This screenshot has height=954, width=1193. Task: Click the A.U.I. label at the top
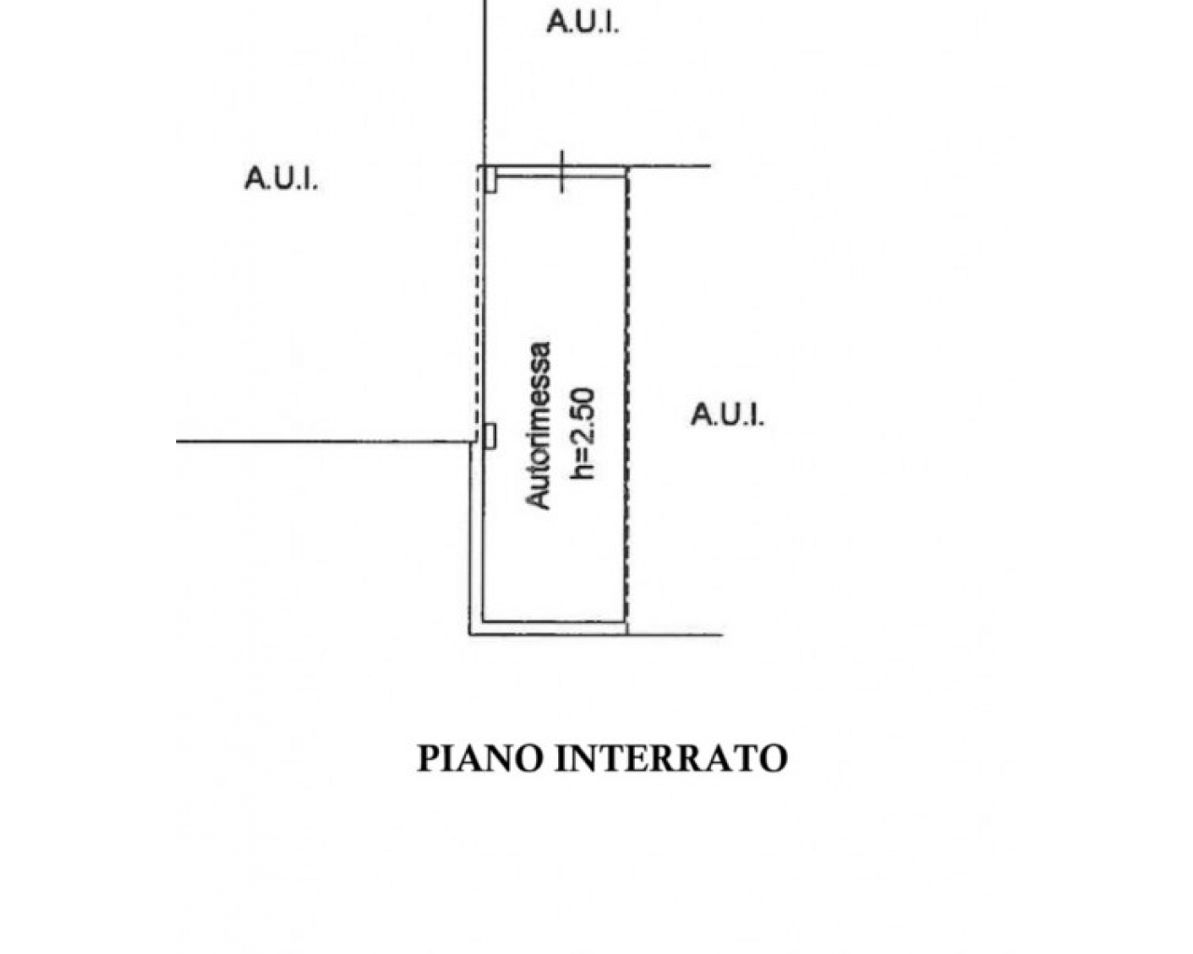click(x=582, y=22)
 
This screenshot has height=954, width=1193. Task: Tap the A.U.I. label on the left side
click(x=281, y=179)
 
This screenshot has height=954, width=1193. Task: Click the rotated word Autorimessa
click(x=540, y=426)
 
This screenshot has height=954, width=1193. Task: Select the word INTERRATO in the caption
click(x=671, y=757)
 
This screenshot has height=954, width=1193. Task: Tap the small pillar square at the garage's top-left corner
click(x=489, y=180)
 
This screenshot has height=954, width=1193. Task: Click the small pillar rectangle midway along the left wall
click(x=489, y=435)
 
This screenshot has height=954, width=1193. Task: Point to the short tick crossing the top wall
click(x=562, y=171)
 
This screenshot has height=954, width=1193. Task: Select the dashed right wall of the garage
click(x=627, y=391)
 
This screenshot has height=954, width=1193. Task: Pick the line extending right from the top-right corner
click(x=671, y=167)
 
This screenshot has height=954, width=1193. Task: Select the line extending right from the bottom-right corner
click(x=676, y=635)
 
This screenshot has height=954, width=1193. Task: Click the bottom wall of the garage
click(x=555, y=621)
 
